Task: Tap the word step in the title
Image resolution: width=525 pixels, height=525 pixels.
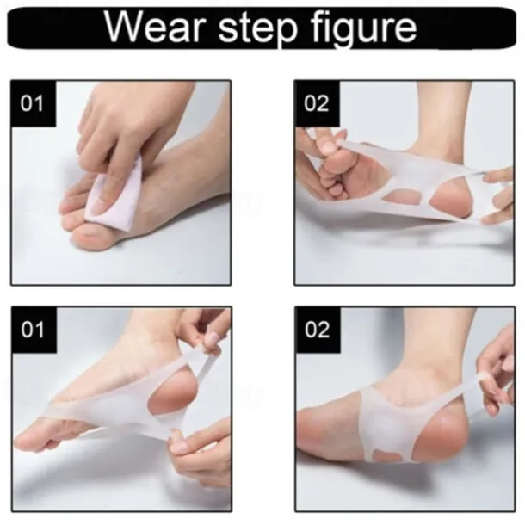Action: click(258, 28)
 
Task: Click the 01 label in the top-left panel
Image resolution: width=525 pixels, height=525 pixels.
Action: click(32, 103)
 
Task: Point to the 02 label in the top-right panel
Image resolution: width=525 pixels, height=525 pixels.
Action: click(317, 103)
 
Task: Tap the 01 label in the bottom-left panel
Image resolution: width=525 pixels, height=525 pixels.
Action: click(33, 330)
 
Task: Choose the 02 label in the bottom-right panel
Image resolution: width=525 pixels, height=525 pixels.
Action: click(317, 330)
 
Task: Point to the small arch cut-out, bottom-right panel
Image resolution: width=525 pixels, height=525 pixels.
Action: click(388, 455)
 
